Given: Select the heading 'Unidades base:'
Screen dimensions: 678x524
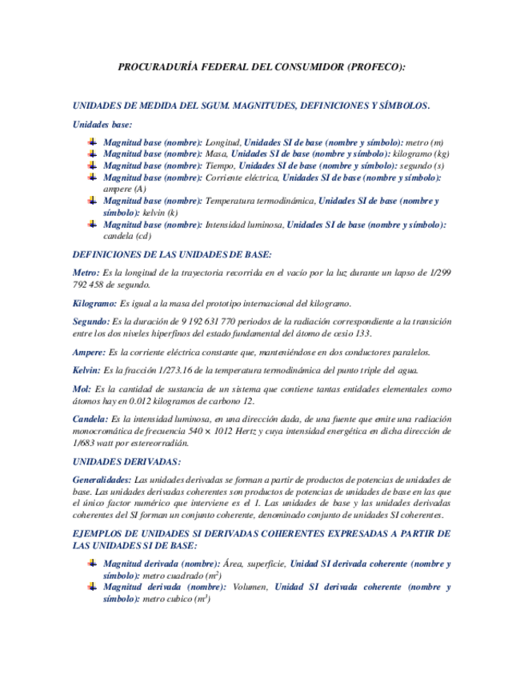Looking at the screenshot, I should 102,124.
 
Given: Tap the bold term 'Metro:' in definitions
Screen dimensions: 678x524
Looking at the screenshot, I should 86,273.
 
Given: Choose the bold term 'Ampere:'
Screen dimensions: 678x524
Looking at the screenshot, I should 89,352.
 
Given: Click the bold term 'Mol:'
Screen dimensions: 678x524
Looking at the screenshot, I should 81,389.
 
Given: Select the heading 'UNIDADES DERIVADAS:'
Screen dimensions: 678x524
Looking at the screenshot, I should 126,461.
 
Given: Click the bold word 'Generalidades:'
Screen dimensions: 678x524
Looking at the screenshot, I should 101,479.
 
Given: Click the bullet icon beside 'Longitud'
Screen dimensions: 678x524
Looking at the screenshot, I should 93,142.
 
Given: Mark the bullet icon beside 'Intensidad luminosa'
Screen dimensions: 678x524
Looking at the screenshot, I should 93,225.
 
